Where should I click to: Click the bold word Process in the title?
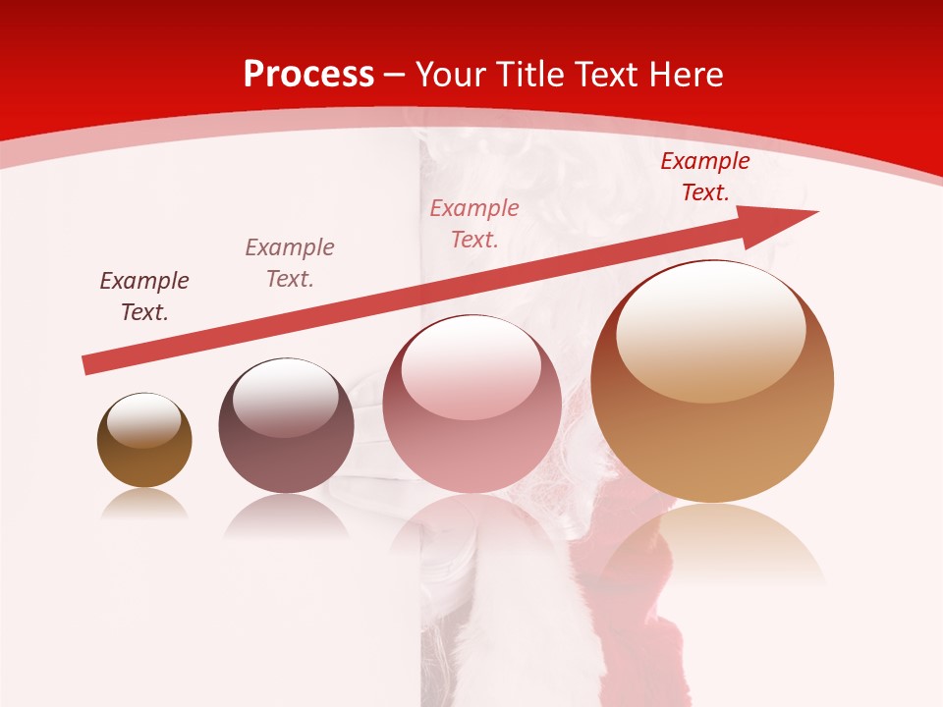tap(308, 75)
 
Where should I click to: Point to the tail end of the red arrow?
tap(86, 365)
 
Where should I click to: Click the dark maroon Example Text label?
tap(144, 297)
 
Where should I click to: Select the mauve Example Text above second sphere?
tap(290, 263)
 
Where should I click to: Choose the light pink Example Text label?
tap(474, 223)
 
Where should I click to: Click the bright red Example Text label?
tap(705, 177)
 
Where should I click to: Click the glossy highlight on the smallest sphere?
tap(143, 419)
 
